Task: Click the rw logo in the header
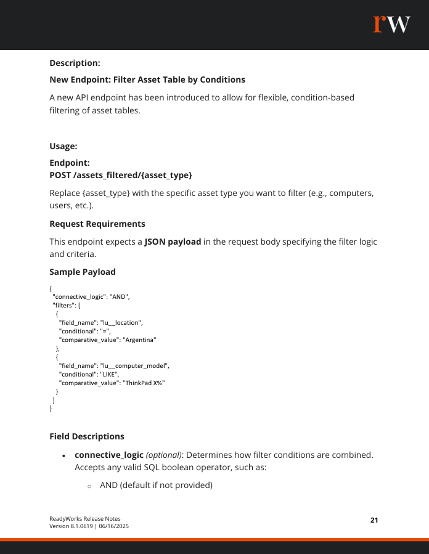pos(391,23)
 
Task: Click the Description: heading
pos(75,63)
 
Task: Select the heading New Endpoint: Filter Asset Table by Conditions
pos(147,79)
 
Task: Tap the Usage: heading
pos(63,146)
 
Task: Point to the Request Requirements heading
pos(97,223)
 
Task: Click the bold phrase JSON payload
pos(173,242)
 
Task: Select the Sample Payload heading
pos(82,272)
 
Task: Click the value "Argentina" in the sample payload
pos(140,339)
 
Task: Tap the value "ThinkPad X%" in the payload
pos(144,383)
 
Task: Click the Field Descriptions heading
pos(87,436)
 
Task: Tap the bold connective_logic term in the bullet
pos(109,455)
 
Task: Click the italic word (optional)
pos(163,455)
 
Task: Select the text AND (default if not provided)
pos(156,485)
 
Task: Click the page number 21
pos(374,520)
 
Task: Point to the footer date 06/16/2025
pos(113,526)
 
